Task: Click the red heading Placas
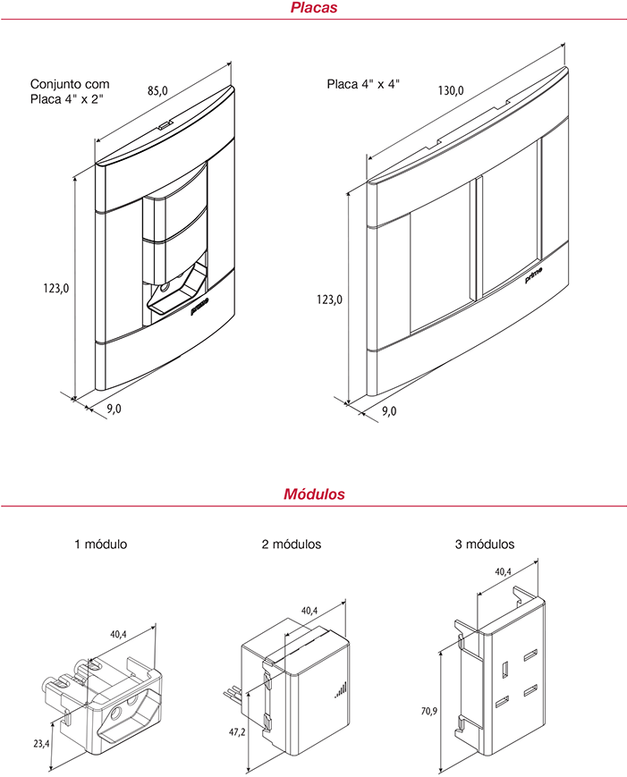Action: [x=314, y=7]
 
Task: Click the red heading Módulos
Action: [x=314, y=494]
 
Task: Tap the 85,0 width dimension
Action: [x=157, y=90]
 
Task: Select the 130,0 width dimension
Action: [x=451, y=90]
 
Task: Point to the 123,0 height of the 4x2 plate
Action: [x=56, y=288]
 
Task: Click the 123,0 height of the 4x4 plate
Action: [x=330, y=300]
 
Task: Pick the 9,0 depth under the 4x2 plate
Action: [x=114, y=409]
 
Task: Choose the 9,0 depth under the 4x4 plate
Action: [x=389, y=410]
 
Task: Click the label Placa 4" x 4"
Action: [x=363, y=84]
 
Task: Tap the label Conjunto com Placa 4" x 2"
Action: [x=70, y=92]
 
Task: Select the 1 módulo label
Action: [x=100, y=545]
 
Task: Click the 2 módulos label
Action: [x=292, y=545]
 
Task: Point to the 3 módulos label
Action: [x=485, y=545]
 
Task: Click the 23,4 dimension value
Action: [x=41, y=743]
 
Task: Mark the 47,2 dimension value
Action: [x=237, y=731]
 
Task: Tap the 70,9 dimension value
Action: [x=429, y=711]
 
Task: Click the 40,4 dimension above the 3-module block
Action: [x=503, y=571]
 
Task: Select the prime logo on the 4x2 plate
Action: [x=199, y=307]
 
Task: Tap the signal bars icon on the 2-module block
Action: [x=341, y=689]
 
